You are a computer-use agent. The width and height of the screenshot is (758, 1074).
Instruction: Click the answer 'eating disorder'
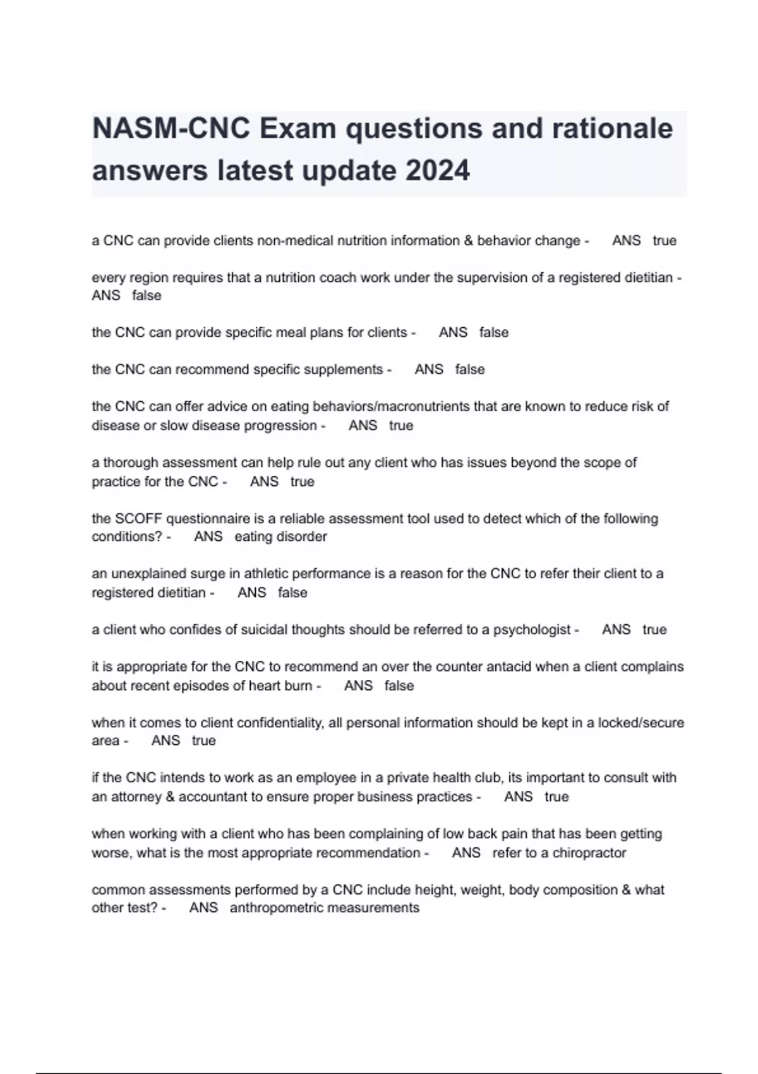(280, 537)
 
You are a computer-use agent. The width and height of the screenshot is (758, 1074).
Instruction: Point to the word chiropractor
(589, 853)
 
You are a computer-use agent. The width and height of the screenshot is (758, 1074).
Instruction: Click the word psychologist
(532, 630)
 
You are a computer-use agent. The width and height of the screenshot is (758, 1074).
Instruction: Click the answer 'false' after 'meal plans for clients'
(493, 333)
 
